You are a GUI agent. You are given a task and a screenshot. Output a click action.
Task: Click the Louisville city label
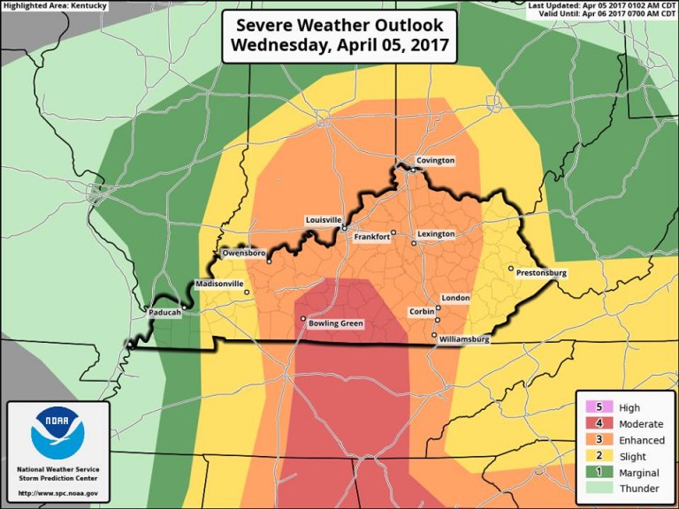point(323,219)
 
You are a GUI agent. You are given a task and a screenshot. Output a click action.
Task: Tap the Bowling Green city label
point(336,323)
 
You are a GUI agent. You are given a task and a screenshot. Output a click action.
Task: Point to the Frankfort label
point(371,237)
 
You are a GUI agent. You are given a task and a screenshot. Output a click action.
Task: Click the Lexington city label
point(435,234)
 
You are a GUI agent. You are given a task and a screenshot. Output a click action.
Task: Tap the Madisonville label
point(218,284)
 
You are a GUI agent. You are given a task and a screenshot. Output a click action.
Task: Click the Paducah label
point(164,313)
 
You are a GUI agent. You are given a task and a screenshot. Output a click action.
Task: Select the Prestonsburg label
point(541,274)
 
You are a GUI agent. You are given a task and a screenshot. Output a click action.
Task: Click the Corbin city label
point(421,312)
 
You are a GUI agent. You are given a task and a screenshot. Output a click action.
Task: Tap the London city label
point(455,299)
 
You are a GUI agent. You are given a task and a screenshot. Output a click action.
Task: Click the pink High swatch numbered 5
point(593,407)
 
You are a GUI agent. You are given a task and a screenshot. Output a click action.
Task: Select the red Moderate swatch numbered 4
point(593,423)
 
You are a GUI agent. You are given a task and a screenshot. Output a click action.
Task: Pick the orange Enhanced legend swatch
point(593,439)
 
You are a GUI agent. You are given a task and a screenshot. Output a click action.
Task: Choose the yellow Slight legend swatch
point(593,455)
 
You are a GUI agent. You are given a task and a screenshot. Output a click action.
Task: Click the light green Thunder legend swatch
point(593,487)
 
